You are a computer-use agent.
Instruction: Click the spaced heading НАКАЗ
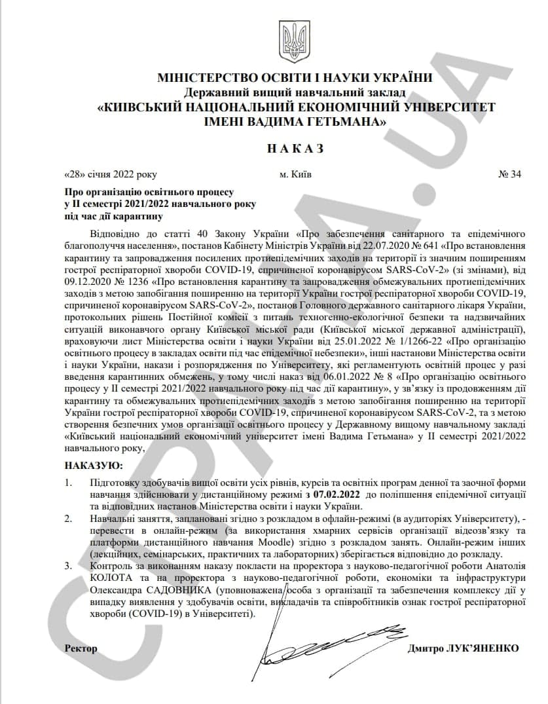295,149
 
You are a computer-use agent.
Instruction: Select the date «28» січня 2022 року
111,175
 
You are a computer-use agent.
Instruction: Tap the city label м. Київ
295,175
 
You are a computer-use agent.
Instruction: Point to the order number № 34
510,175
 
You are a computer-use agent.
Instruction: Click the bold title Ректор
81,648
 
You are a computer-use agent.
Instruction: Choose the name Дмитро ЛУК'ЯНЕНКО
463,648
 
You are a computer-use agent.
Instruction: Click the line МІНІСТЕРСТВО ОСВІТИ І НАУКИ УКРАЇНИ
295,78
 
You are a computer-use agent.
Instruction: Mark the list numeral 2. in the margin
69,518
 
